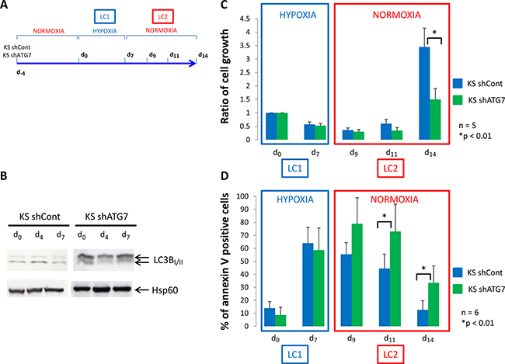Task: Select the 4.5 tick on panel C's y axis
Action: [225, 18]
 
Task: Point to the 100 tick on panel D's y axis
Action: [225, 196]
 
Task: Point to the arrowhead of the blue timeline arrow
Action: [196, 64]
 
